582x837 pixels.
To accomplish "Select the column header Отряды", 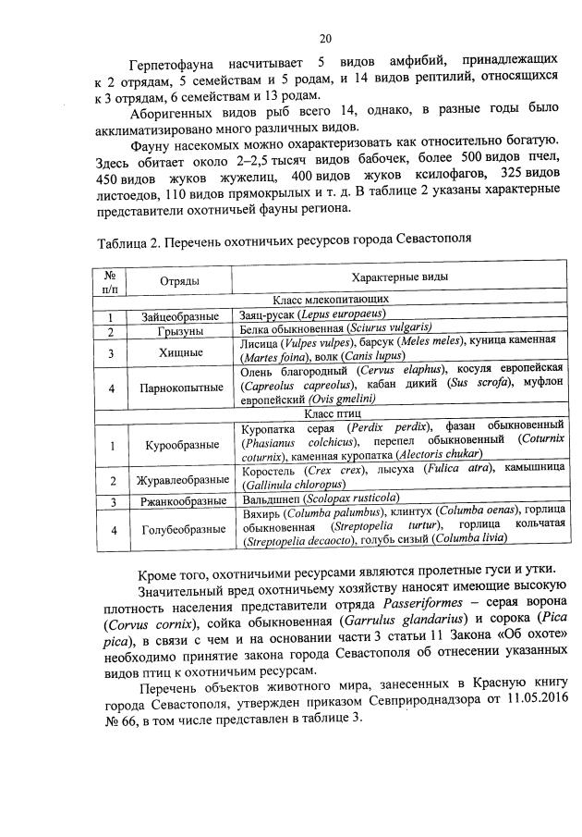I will coord(173,280).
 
